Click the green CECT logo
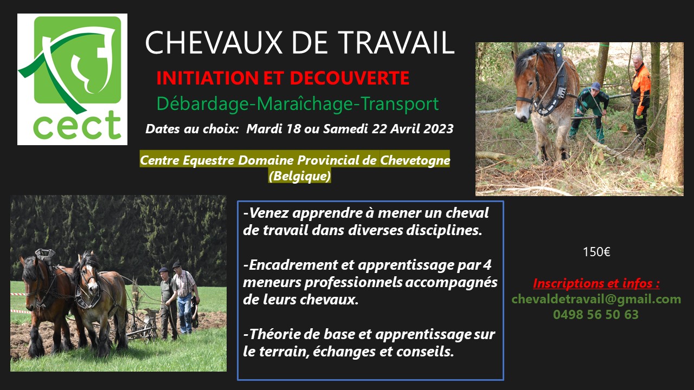(72, 79)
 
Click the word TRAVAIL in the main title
(396, 42)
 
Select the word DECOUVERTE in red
(350, 78)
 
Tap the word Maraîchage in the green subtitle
(305, 103)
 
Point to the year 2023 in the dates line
(439, 128)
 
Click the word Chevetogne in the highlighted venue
(415, 160)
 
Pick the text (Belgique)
(300, 176)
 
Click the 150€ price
(596, 252)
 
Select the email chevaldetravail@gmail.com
(596, 299)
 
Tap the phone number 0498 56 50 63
(596, 315)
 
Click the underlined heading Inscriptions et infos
(596, 283)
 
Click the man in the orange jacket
(640, 96)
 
